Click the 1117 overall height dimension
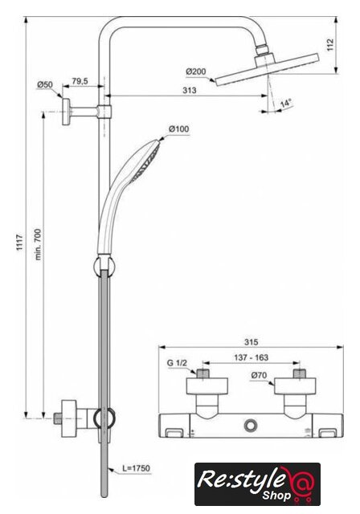click(x=20, y=243)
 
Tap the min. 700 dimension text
click(x=38, y=244)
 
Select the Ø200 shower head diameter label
click(x=196, y=71)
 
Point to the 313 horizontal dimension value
click(x=190, y=90)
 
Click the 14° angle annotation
click(x=286, y=104)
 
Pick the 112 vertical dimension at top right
click(x=329, y=45)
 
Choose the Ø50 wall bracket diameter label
click(x=44, y=84)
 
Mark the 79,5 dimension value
click(x=80, y=81)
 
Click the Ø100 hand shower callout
click(x=178, y=128)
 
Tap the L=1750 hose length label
click(x=136, y=468)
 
